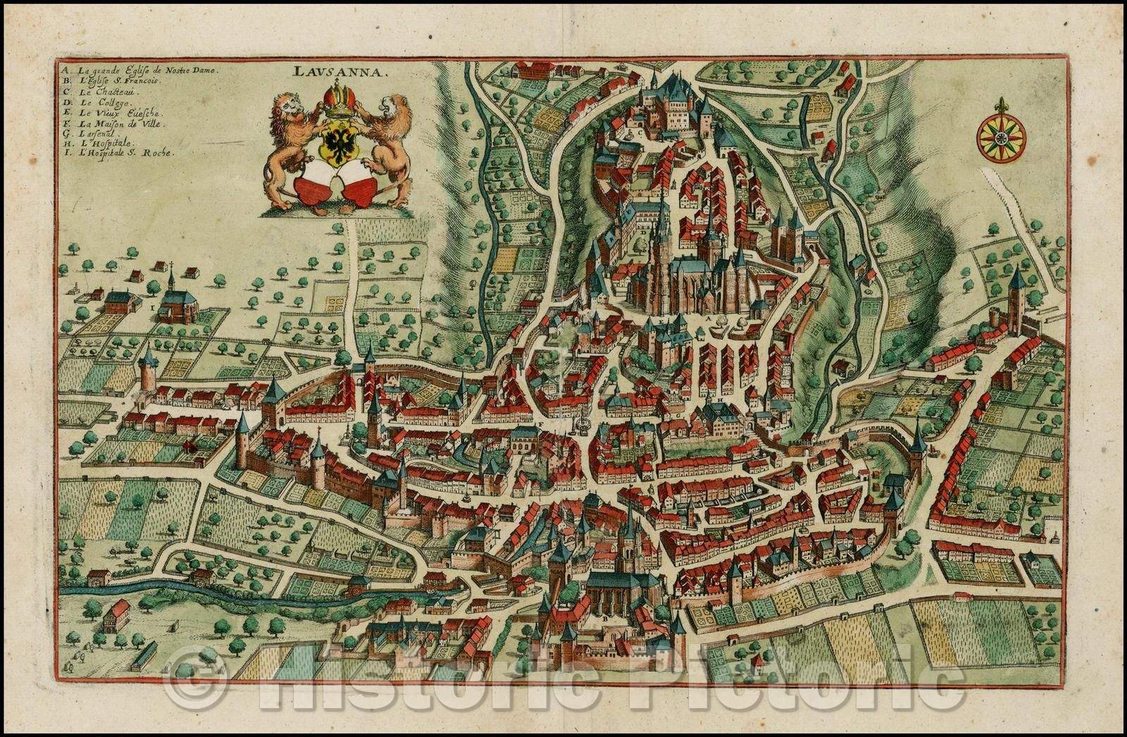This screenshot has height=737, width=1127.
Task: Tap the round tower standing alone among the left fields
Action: tap(147, 370)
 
